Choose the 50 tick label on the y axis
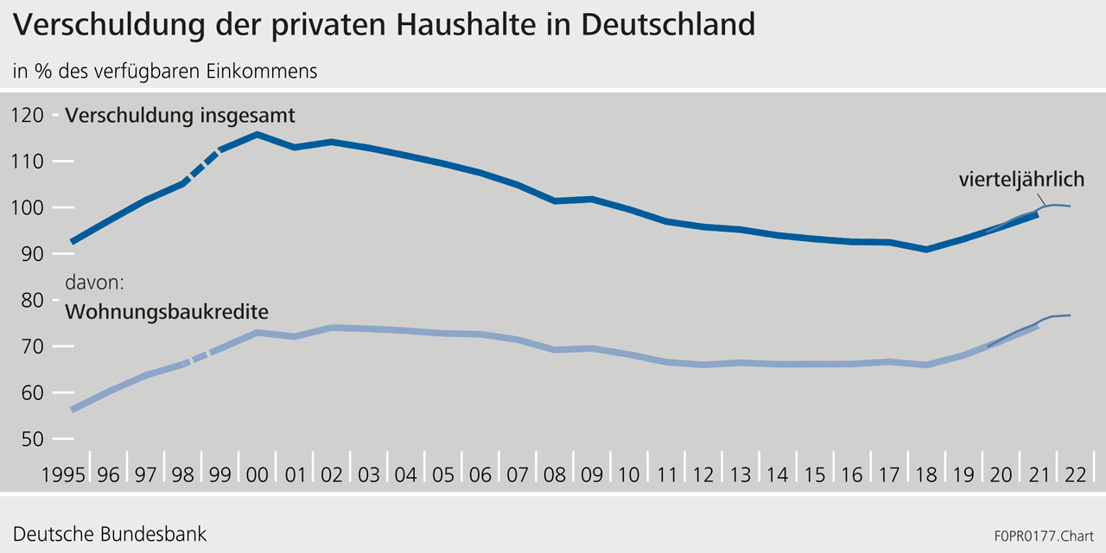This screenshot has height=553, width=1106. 33,439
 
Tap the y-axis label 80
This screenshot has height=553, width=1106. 33,301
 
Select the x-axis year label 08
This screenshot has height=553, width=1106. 554,475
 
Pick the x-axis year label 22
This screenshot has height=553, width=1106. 1075,475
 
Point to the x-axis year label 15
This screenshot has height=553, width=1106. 814,475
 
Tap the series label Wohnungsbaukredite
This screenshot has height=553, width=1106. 167,311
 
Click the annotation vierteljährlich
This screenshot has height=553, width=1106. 1021,180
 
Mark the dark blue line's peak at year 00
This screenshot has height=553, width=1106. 257,134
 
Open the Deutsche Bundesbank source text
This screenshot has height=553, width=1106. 110,533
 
